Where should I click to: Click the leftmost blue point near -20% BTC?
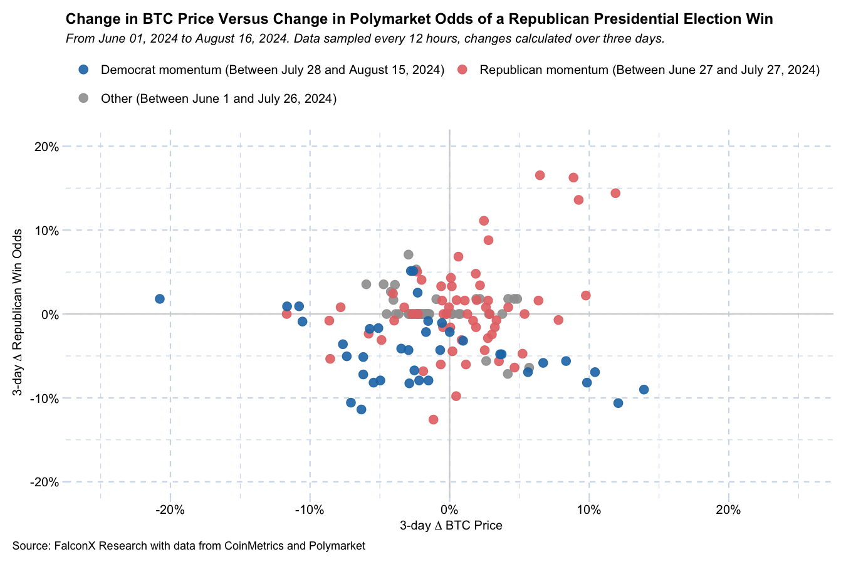[x=160, y=299]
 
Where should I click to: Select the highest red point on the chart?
[x=540, y=175]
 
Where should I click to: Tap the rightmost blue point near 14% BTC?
[x=644, y=390]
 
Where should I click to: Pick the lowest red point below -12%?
[x=433, y=419]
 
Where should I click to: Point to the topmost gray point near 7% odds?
[x=409, y=254]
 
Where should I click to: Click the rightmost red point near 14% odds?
[x=615, y=193]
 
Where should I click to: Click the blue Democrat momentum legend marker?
[x=83, y=70]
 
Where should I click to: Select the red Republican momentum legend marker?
[x=462, y=70]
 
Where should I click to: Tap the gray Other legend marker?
[x=83, y=98]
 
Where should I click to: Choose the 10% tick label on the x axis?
[x=588, y=509]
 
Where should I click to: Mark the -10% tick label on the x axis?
[x=309, y=509]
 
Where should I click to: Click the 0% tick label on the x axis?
[x=449, y=509]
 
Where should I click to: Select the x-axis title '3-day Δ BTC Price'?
[x=451, y=526]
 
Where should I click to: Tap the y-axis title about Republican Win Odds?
[x=18, y=312]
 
